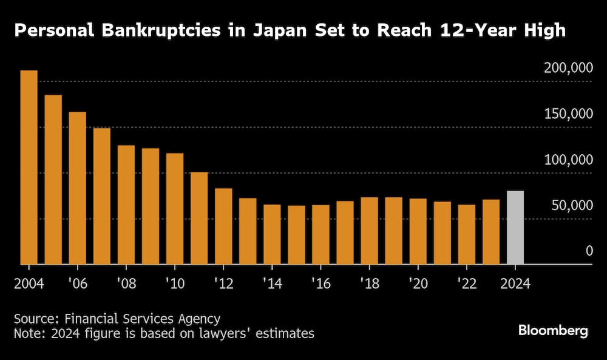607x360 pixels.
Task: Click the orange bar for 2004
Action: click(x=29, y=167)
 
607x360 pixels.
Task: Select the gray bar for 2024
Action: click(x=515, y=228)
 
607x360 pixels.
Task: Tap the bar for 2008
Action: click(x=126, y=205)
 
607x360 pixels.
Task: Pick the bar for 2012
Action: click(x=223, y=226)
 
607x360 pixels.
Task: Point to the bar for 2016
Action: click(x=320, y=234)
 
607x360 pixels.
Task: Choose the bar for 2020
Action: click(x=418, y=231)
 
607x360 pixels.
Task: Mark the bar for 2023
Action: click(x=490, y=232)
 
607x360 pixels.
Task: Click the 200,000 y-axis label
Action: click(x=568, y=69)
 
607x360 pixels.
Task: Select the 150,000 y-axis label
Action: click(x=568, y=115)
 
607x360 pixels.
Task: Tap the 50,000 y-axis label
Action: click(x=571, y=206)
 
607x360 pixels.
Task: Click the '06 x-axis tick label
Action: click(x=77, y=284)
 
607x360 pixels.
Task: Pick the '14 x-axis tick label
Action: click(x=271, y=284)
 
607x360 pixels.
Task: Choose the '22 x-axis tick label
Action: click(x=466, y=284)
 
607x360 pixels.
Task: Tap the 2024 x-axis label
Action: click(x=515, y=284)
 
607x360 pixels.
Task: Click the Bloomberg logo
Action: click(x=552, y=331)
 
